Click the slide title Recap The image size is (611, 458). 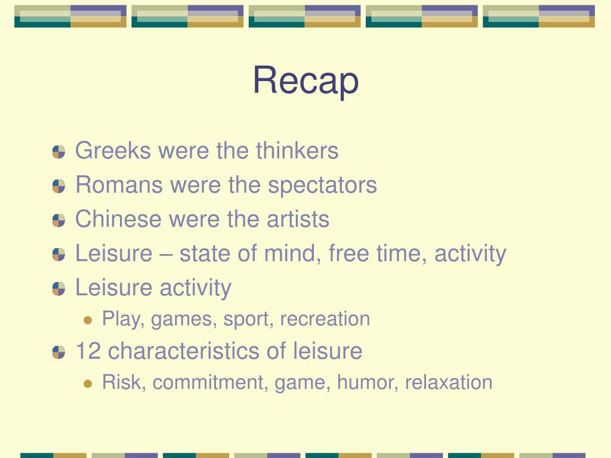[305, 81]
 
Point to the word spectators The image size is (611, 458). [322, 185]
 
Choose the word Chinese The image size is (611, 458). [118, 219]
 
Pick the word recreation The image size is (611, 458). [325, 319]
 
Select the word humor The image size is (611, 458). [365, 382]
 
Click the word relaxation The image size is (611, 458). [449, 382]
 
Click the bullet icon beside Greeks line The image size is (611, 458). [58, 152]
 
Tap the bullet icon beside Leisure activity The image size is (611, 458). [58, 289]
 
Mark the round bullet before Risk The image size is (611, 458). [88, 383]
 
